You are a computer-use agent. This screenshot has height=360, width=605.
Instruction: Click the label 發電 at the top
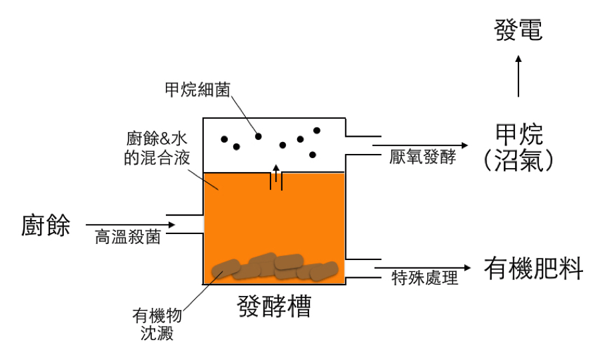(x=519, y=29)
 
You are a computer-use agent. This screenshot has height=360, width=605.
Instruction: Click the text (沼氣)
(x=520, y=161)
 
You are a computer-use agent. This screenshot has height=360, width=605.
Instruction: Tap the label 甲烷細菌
(x=197, y=89)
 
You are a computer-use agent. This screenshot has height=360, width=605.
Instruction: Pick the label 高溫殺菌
(x=127, y=238)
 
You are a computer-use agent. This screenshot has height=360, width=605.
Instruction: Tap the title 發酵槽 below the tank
(x=275, y=306)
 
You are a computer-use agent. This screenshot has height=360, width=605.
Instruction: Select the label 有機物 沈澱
(x=158, y=323)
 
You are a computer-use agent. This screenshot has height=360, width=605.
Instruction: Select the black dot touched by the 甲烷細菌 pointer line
(x=259, y=136)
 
